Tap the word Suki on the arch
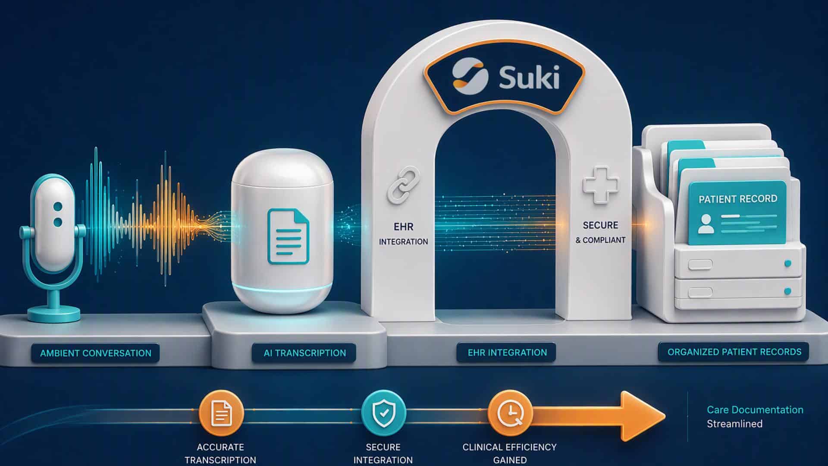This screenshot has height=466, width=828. point(529,78)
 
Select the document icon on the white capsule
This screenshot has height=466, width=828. point(289,236)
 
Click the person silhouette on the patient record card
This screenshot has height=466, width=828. point(706,224)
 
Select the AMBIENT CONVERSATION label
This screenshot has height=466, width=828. point(96,353)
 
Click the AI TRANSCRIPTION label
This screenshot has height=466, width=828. point(304,353)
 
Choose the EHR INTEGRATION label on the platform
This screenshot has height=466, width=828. point(507,353)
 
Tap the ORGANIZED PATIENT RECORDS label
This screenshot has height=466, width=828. point(734,352)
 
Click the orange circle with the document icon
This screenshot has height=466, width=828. point(221,413)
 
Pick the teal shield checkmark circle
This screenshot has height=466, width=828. point(383,413)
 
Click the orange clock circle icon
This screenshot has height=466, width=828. point(510,413)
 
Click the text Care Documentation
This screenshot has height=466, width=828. point(755,409)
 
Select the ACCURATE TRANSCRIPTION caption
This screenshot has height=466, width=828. point(220,453)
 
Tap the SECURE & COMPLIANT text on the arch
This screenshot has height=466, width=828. point(600,233)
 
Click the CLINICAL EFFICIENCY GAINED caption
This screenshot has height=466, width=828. point(509,453)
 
